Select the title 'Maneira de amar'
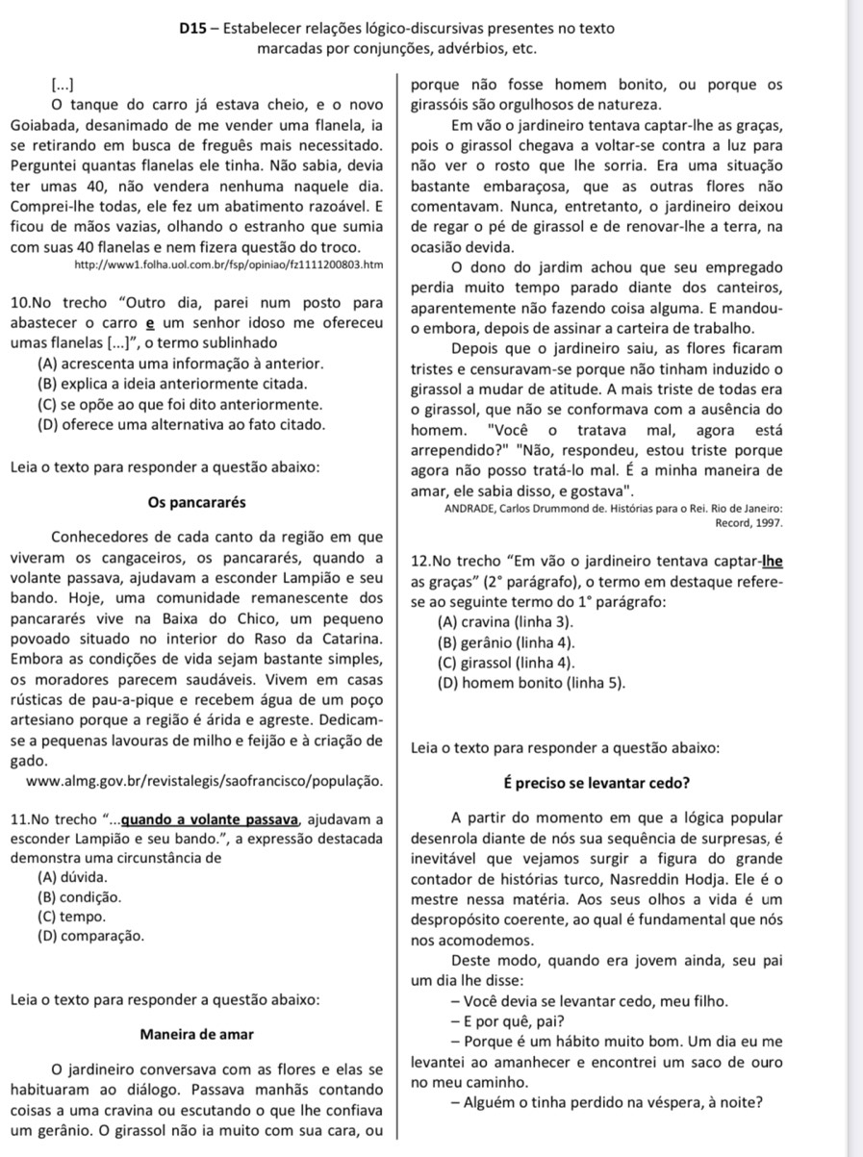197,1035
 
